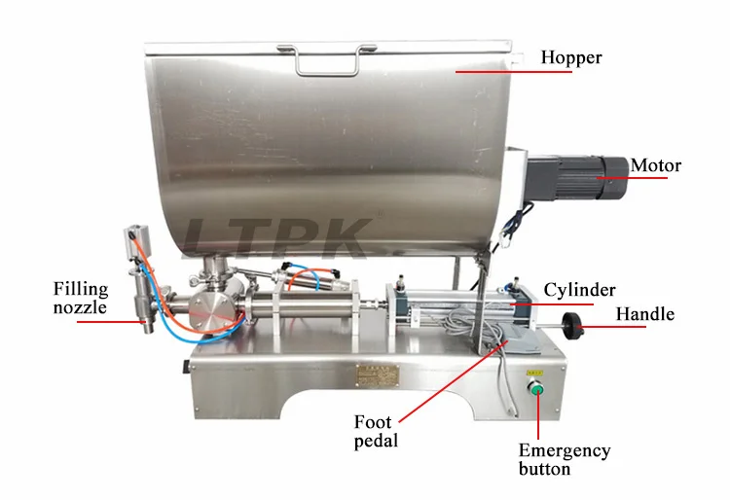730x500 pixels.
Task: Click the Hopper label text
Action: click(x=573, y=57)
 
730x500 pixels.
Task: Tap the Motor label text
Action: click(x=655, y=164)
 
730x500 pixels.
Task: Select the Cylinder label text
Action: click(x=579, y=289)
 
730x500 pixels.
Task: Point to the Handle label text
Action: click(x=644, y=314)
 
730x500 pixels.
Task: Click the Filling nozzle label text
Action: click(x=80, y=298)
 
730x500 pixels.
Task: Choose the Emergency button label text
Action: click(x=564, y=459)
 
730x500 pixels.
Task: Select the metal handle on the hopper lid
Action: click(x=324, y=60)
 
